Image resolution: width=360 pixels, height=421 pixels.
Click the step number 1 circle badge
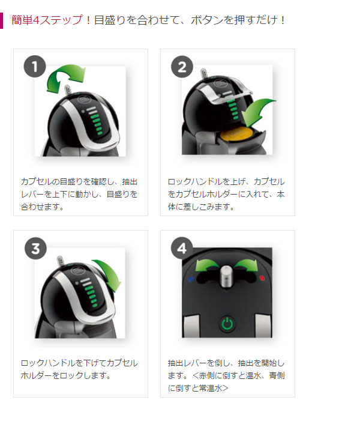coord(35,67)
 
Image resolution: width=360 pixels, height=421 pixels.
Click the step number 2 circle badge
coord(182,67)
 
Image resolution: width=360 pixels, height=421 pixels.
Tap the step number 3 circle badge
coord(35,249)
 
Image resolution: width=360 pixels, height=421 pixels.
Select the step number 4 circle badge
coord(182,248)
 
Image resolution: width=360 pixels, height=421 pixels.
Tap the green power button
coord(227,324)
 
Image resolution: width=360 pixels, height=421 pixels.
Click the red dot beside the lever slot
coord(262,278)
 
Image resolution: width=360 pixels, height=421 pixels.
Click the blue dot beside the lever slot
coord(191,279)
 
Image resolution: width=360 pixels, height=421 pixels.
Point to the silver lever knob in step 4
coord(227,276)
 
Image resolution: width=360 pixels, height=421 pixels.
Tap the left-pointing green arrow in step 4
coord(206,265)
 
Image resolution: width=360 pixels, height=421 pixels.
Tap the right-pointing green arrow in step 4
coord(246,265)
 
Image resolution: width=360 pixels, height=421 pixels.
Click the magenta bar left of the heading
coord(1,20)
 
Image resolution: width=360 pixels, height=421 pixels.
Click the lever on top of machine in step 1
coord(68,90)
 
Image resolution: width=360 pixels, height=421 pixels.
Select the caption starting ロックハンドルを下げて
coord(79,369)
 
